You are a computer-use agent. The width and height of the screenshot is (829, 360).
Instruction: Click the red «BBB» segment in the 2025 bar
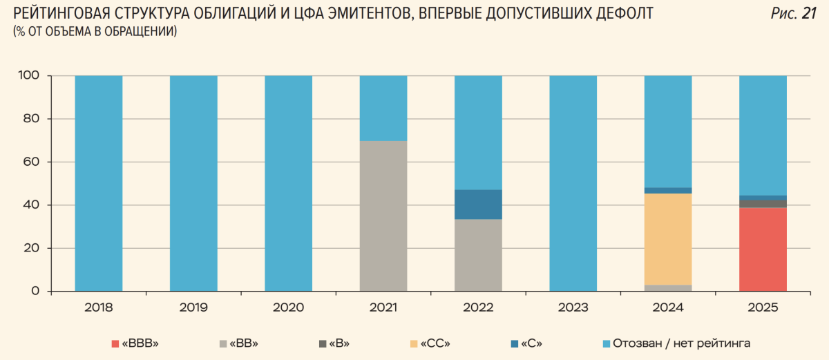click(x=763, y=249)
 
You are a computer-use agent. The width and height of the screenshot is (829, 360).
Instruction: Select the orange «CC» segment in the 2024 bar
click(x=668, y=239)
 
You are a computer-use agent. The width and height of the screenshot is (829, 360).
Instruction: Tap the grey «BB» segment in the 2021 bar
click(x=383, y=216)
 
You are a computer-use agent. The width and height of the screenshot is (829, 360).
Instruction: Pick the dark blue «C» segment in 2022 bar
click(x=478, y=205)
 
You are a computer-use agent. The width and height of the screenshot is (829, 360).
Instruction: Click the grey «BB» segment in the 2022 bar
click(x=478, y=255)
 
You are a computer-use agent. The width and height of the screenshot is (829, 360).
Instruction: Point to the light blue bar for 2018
click(x=99, y=183)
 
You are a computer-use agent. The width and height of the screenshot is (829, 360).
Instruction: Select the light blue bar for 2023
click(x=573, y=183)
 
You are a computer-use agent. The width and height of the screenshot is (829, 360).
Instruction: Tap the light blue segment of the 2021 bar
click(x=383, y=108)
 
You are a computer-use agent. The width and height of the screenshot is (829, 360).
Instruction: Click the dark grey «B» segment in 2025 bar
click(x=763, y=204)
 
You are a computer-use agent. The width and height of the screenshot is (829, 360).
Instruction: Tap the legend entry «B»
click(x=336, y=343)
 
